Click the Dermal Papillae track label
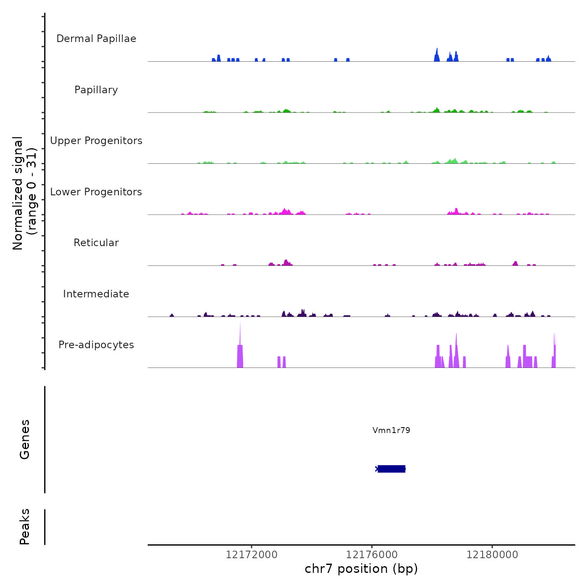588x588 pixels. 96,39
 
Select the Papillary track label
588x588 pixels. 96,90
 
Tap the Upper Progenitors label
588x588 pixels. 96,141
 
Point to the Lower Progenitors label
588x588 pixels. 96,192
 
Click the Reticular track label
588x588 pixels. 96,243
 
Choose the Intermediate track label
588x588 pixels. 96,294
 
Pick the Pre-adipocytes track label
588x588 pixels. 96,345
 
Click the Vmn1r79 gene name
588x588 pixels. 391,430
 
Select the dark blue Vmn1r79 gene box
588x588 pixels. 391,469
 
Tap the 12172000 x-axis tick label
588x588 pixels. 252,555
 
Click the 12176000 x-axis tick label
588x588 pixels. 372,555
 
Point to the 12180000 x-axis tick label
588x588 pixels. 492,555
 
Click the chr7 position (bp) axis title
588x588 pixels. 361,569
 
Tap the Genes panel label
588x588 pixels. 25,439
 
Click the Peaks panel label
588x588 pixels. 25,527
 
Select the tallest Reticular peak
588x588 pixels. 286,261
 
